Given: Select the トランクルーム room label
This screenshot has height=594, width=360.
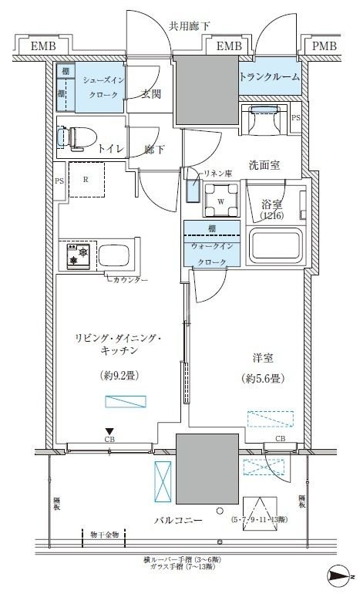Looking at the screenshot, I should [269, 77].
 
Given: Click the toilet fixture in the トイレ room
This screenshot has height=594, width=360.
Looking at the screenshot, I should [77, 137].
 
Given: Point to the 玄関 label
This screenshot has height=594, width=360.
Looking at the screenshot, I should [152, 95].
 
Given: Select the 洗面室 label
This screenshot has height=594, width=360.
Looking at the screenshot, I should [264, 165].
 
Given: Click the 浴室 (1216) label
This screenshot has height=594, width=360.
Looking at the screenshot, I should [271, 211].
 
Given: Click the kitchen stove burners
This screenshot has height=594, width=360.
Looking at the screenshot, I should [77, 256].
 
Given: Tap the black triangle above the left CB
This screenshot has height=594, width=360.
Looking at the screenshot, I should [110, 431].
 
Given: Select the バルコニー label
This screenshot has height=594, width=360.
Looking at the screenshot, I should [177, 521].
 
